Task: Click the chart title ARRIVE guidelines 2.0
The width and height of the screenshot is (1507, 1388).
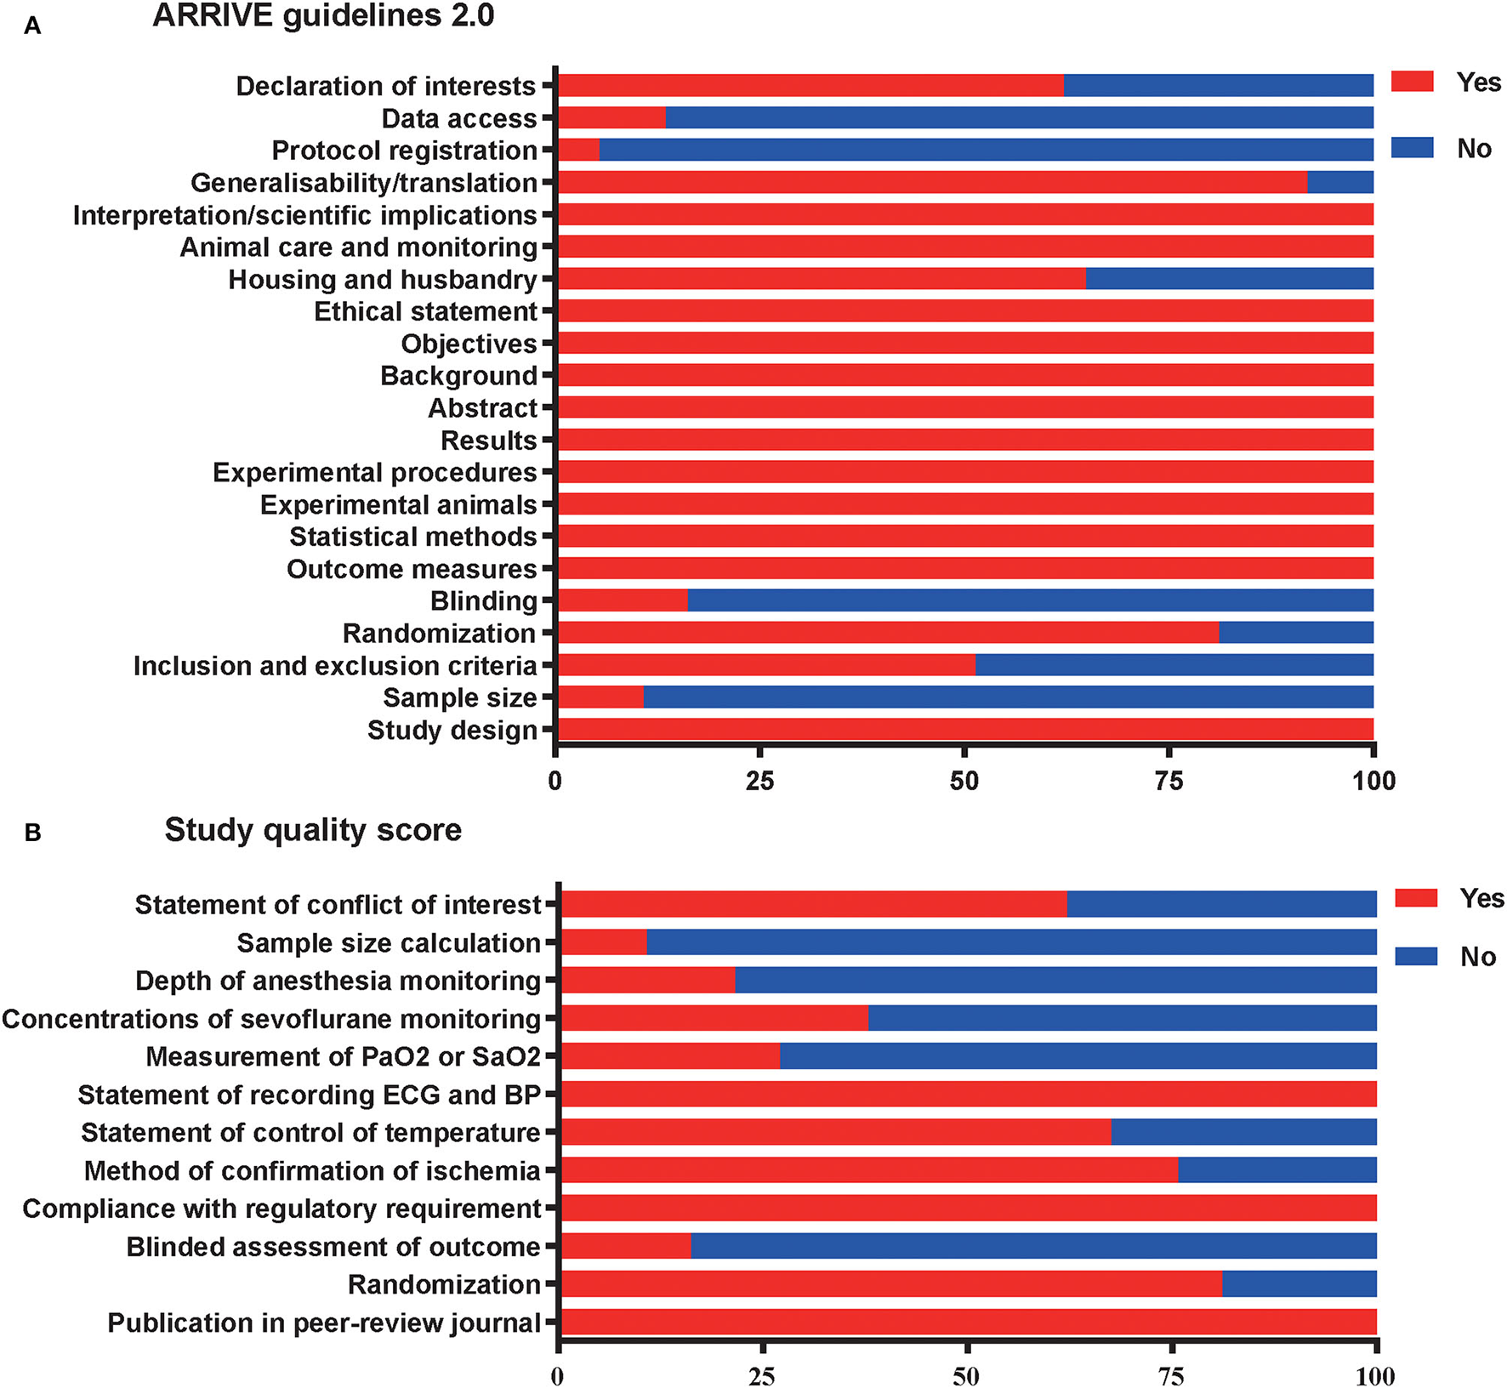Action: tap(323, 16)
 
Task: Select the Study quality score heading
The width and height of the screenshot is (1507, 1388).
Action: tap(313, 829)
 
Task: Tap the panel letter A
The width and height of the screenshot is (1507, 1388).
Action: tap(32, 26)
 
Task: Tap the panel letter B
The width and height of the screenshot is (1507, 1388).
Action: tap(32, 833)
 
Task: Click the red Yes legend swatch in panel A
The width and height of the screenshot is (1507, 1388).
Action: tap(1412, 82)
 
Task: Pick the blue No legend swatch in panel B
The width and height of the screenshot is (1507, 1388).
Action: tap(1416, 956)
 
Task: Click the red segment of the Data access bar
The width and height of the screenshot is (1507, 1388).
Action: tap(611, 117)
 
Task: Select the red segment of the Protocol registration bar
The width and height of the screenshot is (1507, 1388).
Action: tap(579, 150)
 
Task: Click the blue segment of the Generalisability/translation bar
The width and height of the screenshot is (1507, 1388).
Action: tap(1339, 182)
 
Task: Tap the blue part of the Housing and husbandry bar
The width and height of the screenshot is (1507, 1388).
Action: tap(1229, 279)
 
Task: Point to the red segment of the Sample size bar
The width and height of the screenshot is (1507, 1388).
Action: tap(600, 697)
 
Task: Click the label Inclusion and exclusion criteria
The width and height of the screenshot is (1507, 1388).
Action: tap(335, 666)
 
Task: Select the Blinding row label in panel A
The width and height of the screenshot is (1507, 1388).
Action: tap(483, 601)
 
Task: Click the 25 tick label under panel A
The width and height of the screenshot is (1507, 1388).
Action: tap(759, 781)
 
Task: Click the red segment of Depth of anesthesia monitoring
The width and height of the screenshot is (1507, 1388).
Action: tap(647, 981)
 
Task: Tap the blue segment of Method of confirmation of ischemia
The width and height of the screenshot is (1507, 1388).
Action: tap(1277, 1170)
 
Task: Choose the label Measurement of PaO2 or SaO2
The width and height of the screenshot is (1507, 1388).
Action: tap(343, 1056)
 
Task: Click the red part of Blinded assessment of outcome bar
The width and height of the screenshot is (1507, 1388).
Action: tap(626, 1247)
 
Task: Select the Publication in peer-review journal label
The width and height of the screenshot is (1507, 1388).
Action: tap(324, 1323)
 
